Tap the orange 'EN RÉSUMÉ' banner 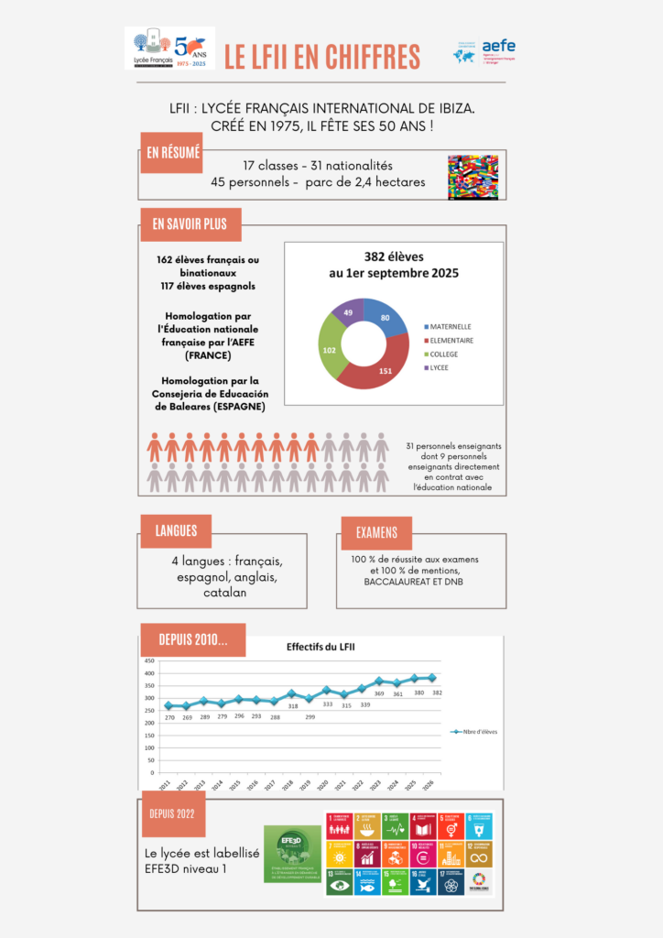pyautogui.click(x=172, y=153)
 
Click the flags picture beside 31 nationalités pyautogui.click(x=473, y=176)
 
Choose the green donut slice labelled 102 pyautogui.click(x=330, y=350)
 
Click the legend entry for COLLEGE pyautogui.click(x=445, y=354)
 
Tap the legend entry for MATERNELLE pyautogui.click(x=449, y=326)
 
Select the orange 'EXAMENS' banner pyautogui.click(x=376, y=532)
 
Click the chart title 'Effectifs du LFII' pyautogui.click(x=321, y=648)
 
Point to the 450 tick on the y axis pyautogui.click(x=148, y=660)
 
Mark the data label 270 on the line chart pyautogui.click(x=168, y=717)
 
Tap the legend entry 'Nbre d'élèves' pyautogui.click(x=473, y=731)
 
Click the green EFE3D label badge pyautogui.click(x=292, y=854)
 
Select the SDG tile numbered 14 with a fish pyautogui.click(x=366, y=881)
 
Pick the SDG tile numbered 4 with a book pyautogui.click(x=422, y=826)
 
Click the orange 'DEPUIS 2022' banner pyautogui.click(x=173, y=814)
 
